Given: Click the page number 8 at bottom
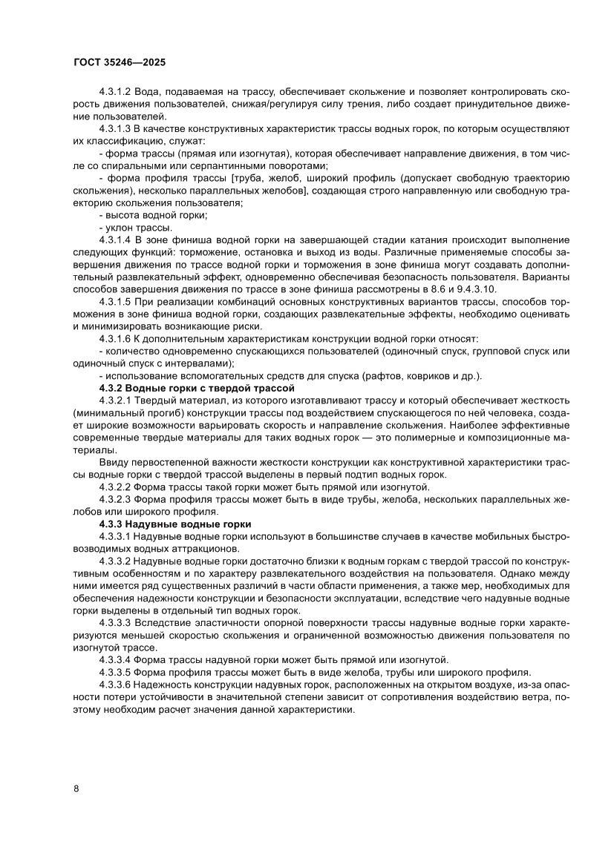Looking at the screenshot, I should click(76, 788).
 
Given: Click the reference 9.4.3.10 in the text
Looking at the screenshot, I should click(477, 289).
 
